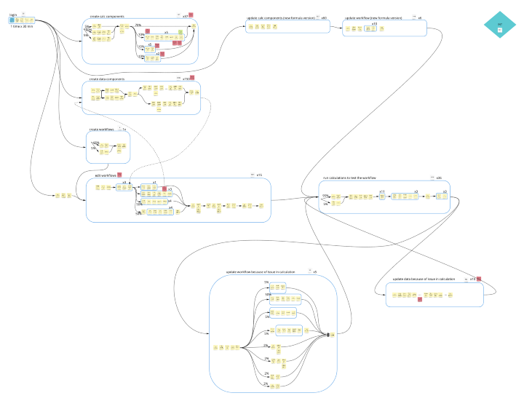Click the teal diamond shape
[500, 26]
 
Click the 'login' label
[13, 14]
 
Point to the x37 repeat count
[185, 15]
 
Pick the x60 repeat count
[324, 17]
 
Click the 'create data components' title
[107, 79]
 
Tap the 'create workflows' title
[102, 130]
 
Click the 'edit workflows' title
[106, 175]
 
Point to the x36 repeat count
[440, 178]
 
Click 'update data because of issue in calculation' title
[424, 279]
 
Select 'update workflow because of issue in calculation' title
[261, 272]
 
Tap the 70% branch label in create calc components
[138, 25]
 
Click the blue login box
[12, 20]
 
